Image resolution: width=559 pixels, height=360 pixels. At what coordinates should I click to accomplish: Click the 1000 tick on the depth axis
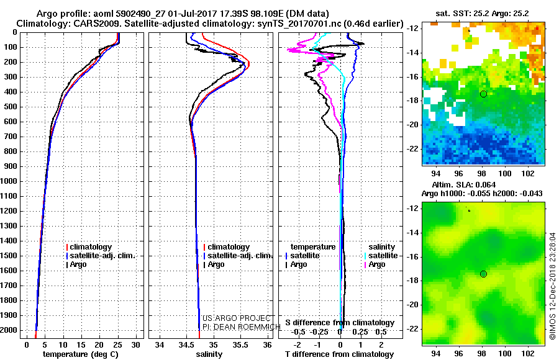(10, 181)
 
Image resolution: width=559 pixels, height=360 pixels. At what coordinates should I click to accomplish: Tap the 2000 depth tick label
(10, 330)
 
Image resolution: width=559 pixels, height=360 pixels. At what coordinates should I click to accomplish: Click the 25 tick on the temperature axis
(117, 344)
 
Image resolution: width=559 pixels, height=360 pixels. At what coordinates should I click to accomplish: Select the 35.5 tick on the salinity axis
(240, 344)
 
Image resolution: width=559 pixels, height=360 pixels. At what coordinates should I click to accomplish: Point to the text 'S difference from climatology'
(339, 323)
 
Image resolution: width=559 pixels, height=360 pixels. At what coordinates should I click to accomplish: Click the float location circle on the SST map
(483, 94)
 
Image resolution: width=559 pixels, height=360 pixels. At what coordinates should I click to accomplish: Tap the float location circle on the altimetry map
(483, 274)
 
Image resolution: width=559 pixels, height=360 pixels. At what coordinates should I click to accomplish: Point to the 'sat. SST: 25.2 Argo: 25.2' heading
(484, 12)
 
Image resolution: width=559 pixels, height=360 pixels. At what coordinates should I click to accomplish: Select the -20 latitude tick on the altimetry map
(412, 304)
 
